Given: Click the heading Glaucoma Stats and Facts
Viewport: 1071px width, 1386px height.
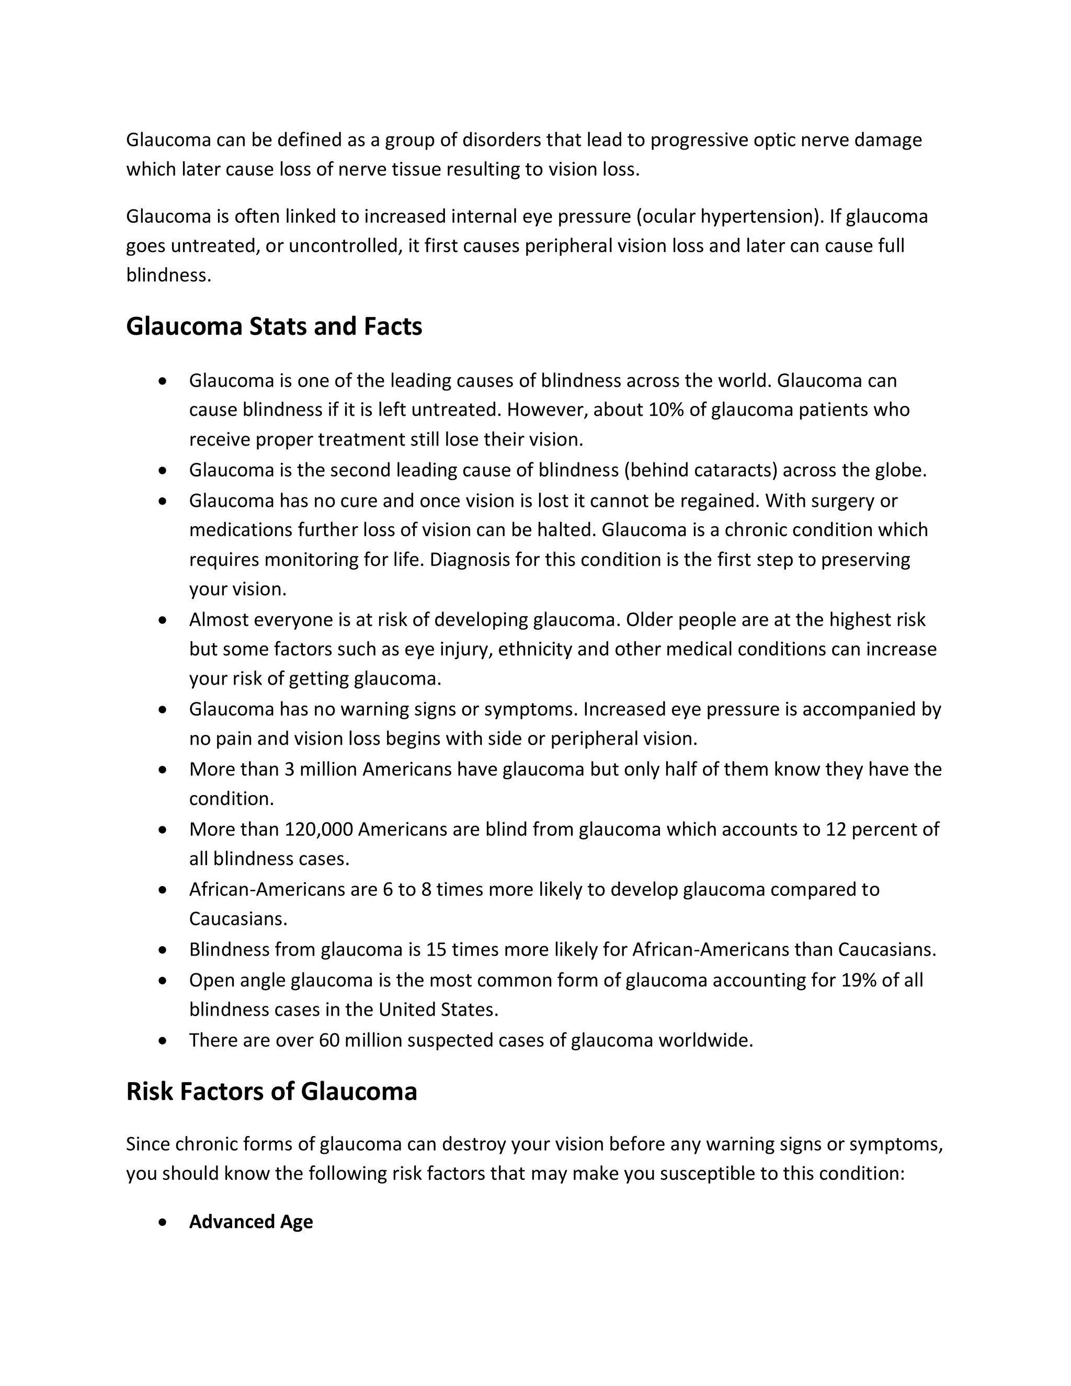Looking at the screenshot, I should (274, 326).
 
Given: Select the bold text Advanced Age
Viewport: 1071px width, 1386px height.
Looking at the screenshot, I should (250, 1222).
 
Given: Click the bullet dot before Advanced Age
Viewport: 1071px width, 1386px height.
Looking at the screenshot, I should (163, 1222).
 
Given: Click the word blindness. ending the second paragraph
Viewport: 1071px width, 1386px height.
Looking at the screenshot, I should (168, 276).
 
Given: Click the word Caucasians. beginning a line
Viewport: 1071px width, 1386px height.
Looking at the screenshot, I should (238, 919).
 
